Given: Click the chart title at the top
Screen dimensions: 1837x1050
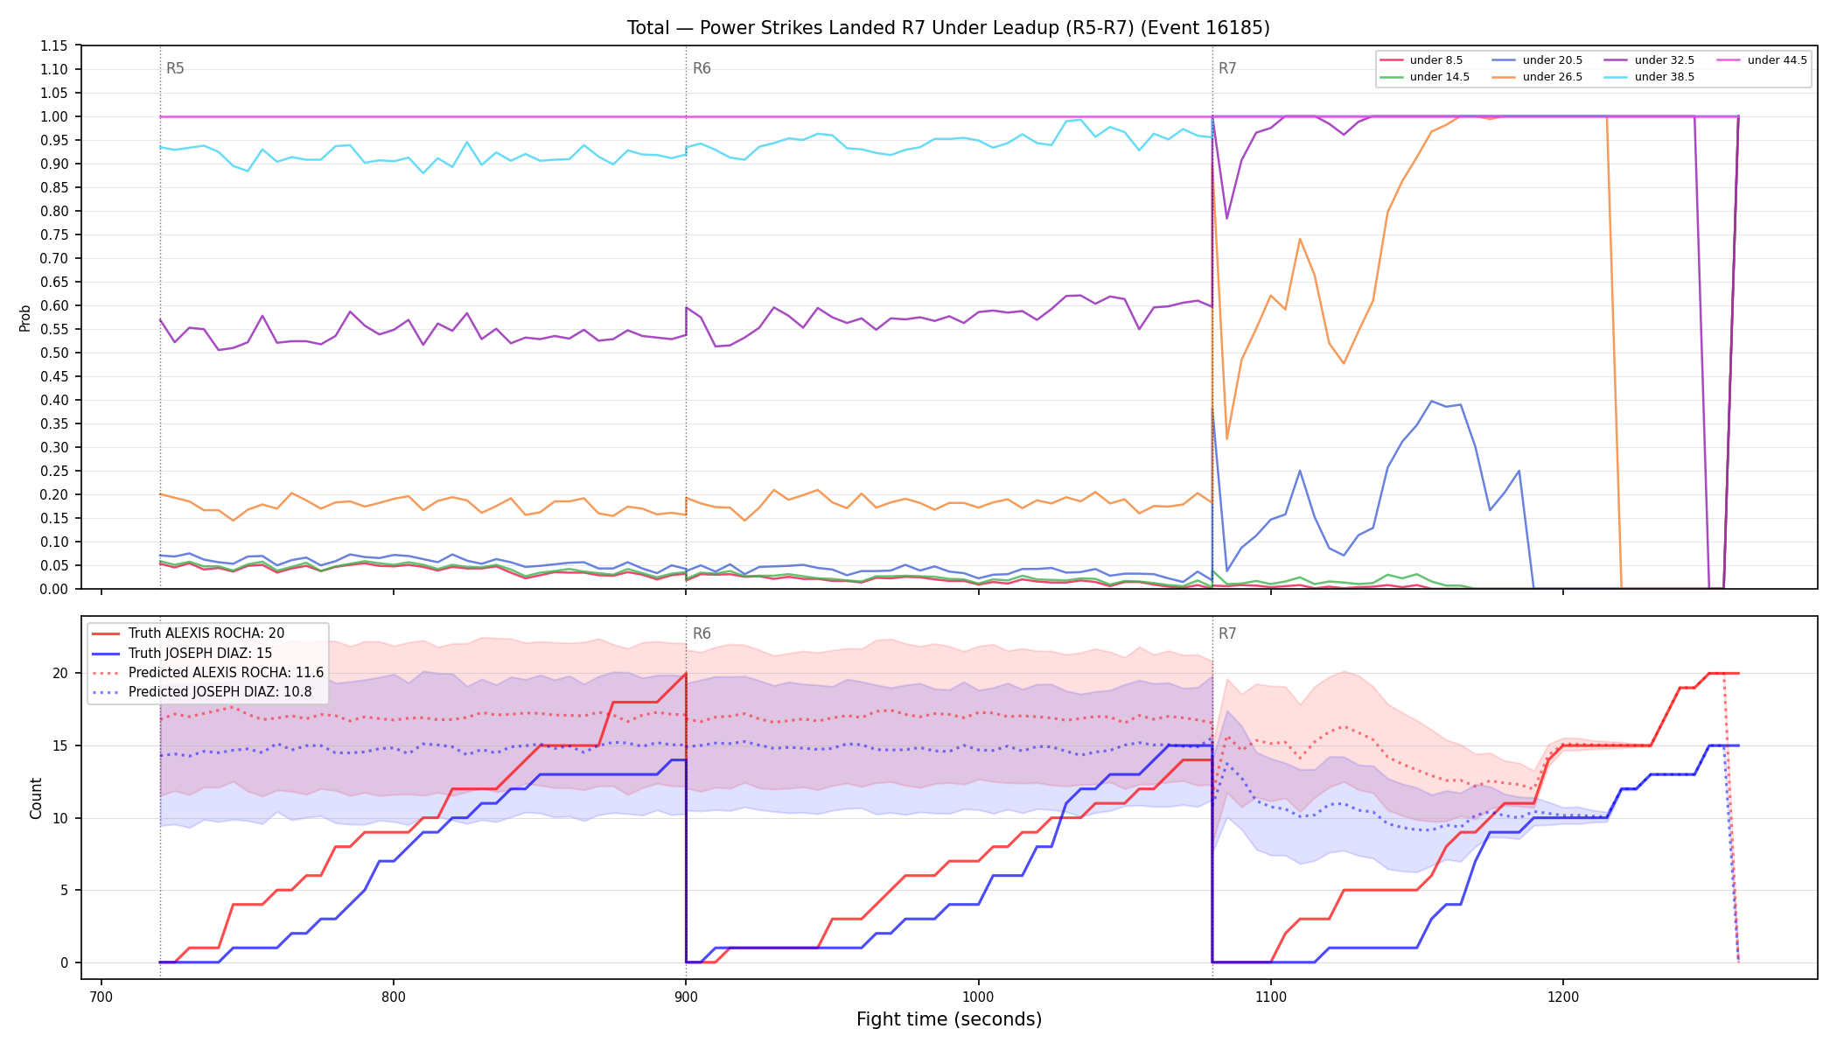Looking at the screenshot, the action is [948, 28].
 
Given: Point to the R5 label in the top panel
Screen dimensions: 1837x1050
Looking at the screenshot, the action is [175, 68].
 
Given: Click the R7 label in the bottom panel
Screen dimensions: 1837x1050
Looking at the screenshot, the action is [1227, 633].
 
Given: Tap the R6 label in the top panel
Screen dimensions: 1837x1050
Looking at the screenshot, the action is [702, 68].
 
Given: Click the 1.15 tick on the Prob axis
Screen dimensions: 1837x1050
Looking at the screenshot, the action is [54, 45].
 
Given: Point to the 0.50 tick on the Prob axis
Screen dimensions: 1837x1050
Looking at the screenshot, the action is [54, 353].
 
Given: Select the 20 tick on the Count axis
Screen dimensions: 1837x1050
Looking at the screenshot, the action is [60, 673].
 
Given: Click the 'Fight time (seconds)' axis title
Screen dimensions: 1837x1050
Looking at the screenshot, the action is [949, 1019].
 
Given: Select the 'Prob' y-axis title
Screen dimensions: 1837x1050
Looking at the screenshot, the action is [24, 318].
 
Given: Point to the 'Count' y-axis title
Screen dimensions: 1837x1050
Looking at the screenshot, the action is [36, 798].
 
